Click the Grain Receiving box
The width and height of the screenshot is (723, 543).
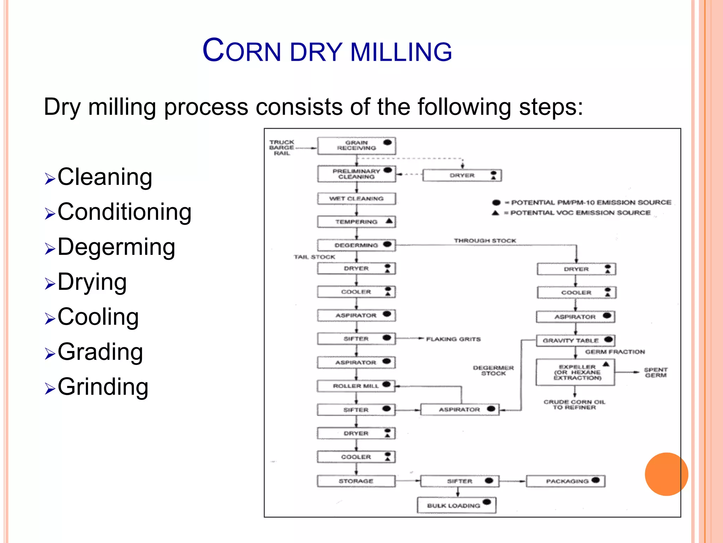[356, 146]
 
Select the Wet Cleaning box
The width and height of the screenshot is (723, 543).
[356, 199]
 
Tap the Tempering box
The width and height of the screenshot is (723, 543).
[356, 222]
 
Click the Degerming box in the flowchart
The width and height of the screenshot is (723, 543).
[356, 245]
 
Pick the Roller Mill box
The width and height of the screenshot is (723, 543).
[356, 386]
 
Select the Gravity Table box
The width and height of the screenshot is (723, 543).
[575, 340]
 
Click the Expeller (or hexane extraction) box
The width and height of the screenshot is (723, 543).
[575, 372]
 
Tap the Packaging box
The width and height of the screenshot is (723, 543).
[566, 481]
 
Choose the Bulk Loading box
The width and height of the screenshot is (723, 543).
[456, 505]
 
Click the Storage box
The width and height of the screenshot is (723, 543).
[356, 481]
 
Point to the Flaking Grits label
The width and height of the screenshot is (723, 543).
[453, 339]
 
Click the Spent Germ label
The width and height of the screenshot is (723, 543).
[656, 372]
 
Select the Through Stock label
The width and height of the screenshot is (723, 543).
[485, 241]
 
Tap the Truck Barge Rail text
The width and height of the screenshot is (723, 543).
[281, 147]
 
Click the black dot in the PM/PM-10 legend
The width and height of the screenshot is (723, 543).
[496, 203]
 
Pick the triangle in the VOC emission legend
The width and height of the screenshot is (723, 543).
[496, 213]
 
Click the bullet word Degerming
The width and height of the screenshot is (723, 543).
[116, 247]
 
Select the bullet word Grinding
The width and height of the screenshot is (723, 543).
[103, 387]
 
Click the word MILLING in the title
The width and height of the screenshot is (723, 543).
[401, 52]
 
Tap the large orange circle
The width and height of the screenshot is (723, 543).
[666, 474]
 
